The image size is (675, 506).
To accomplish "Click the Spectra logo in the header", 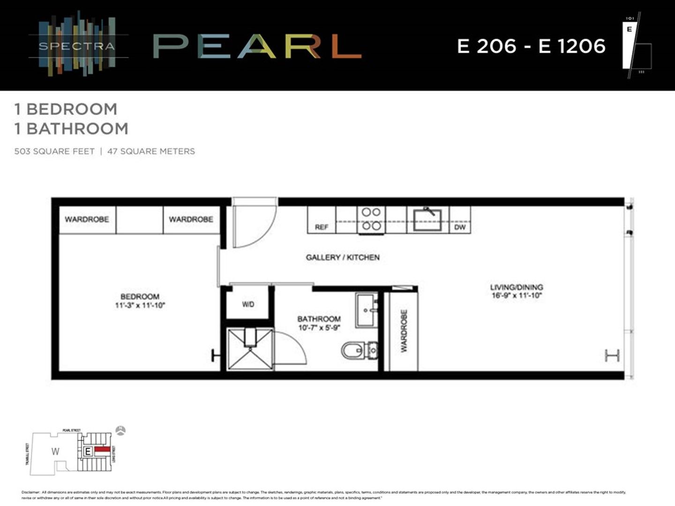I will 77,45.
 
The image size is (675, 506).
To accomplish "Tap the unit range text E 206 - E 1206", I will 531,46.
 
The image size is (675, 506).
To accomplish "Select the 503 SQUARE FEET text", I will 54,151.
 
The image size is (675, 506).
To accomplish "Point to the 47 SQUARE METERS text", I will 151,151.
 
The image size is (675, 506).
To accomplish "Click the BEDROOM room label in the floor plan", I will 140,297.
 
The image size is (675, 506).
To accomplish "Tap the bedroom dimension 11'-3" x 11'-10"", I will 140,305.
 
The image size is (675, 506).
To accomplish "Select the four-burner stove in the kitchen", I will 371,219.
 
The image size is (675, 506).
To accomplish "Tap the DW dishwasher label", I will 460,227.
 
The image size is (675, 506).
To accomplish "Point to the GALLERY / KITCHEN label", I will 343,257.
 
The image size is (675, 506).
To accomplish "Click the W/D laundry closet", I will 248,304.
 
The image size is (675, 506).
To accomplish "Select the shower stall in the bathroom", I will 250,349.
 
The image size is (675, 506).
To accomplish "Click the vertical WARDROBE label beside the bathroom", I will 404,331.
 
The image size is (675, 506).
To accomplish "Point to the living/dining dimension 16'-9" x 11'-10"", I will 517,296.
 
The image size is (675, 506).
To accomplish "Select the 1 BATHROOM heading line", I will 71,128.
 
